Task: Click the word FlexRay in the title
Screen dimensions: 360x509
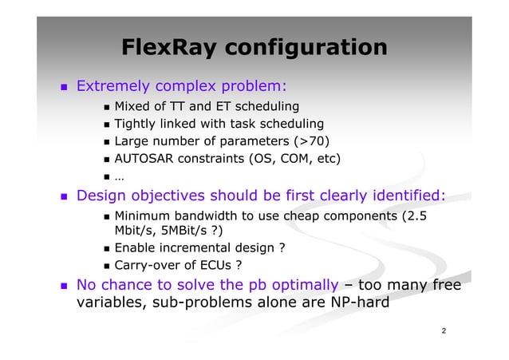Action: click(x=168, y=49)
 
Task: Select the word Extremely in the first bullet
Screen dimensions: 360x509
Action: click(x=111, y=85)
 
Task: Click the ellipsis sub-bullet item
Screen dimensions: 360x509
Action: click(x=118, y=177)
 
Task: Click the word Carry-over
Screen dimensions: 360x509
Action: click(x=148, y=266)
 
